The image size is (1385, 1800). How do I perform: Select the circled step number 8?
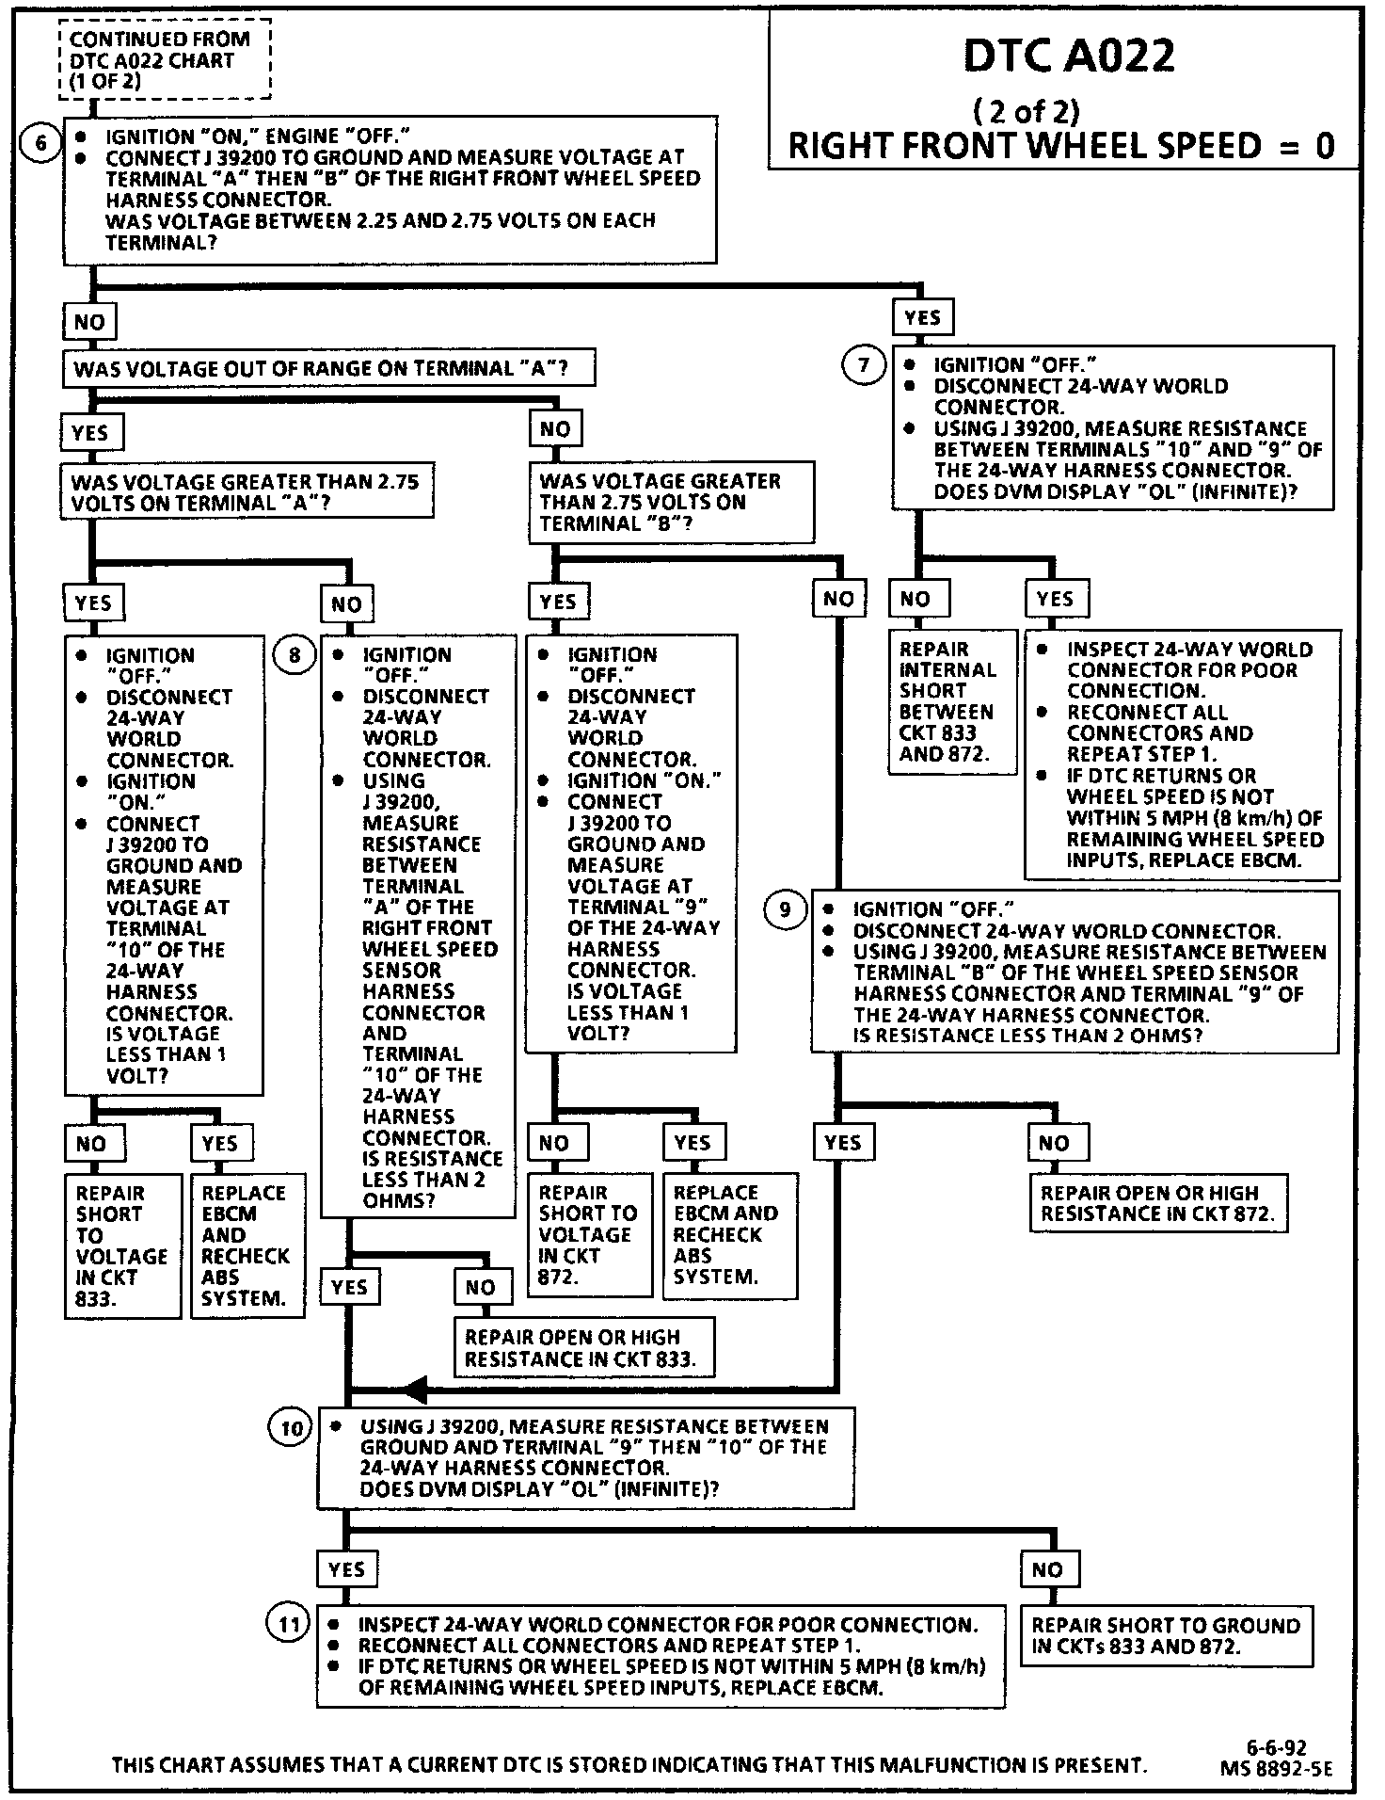point(295,654)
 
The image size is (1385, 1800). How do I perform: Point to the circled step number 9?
point(786,909)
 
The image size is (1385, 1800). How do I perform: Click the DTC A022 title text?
point(1069,56)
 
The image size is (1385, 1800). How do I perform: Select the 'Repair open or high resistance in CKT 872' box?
point(1157,1202)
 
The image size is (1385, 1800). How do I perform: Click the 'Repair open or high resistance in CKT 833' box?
point(583,1347)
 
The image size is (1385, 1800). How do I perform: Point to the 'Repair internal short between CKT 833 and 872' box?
point(951,701)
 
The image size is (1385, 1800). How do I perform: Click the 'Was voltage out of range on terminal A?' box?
point(328,368)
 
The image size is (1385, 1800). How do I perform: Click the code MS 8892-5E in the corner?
point(1276,1769)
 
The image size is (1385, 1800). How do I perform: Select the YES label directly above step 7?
point(922,317)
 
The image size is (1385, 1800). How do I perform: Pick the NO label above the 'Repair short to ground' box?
point(1047,1569)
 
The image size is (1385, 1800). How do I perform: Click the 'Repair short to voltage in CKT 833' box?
point(121,1246)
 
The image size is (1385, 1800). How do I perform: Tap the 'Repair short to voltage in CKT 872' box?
point(588,1234)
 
